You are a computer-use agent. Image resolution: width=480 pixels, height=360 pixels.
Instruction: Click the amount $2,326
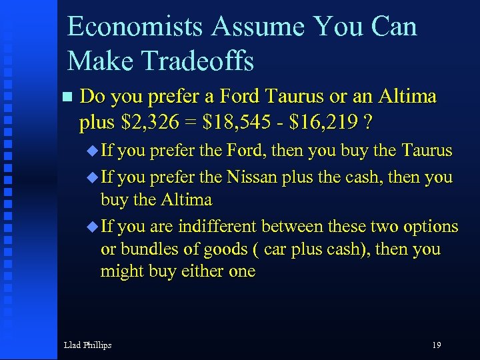147,123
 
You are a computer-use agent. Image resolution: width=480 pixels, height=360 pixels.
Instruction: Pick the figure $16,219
327,123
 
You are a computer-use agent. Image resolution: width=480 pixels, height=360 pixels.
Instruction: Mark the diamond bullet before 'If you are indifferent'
92,227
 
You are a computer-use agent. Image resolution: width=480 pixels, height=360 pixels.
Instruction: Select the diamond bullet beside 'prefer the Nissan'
92,178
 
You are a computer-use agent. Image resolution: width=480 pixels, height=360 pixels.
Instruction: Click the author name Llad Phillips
87,345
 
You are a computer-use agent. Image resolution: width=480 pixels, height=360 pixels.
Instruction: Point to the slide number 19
436,345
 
